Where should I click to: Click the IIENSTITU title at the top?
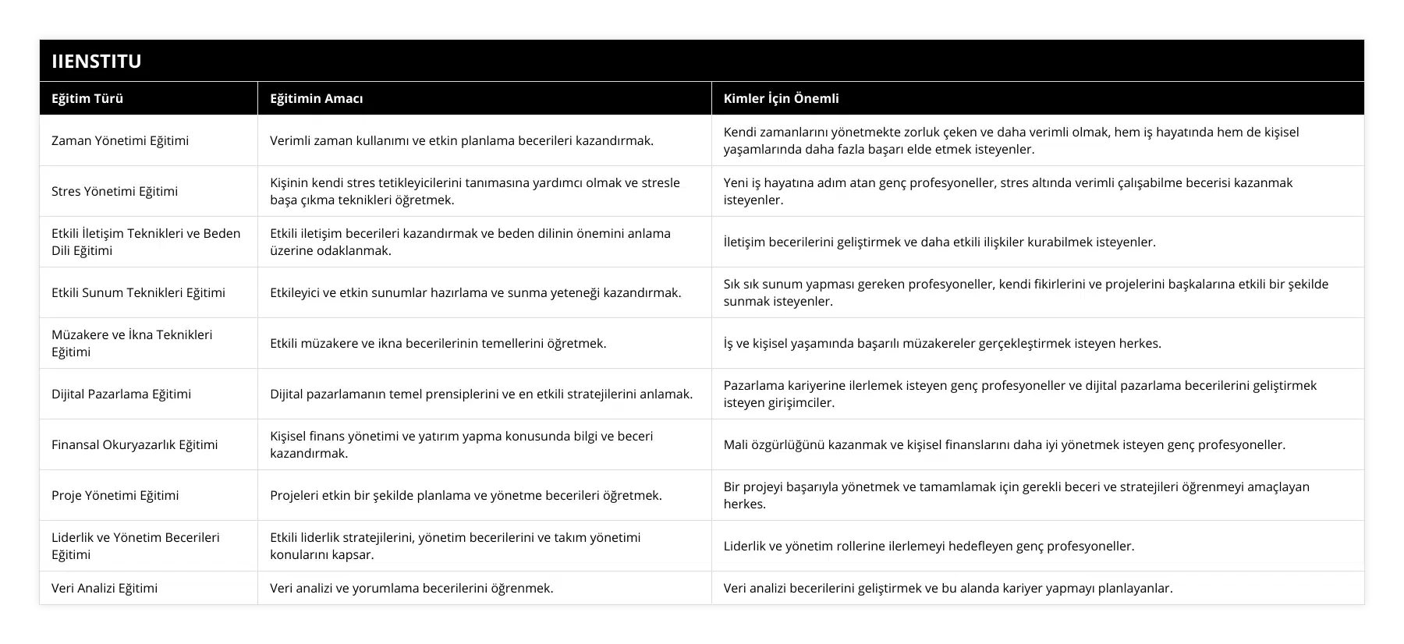click(97, 61)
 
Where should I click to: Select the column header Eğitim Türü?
click(87, 98)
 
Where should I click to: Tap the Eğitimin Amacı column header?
click(316, 98)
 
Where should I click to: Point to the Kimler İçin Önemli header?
click(781, 98)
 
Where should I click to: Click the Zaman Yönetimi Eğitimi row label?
click(120, 140)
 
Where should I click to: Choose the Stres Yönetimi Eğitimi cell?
click(115, 191)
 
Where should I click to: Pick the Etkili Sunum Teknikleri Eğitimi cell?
click(138, 292)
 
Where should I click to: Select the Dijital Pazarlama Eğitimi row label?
click(121, 394)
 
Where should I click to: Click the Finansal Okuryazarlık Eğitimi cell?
click(134, 444)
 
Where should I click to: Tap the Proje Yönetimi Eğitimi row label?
click(115, 495)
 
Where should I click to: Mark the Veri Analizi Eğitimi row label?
click(105, 588)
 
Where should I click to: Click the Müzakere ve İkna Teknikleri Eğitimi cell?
click(132, 343)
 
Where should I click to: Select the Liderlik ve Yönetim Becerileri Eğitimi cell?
click(136, 546)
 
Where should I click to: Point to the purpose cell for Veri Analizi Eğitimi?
click(411, 588)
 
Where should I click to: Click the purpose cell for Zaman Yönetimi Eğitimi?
click(462, 140)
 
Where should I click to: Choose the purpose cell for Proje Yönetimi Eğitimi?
click(466, 495)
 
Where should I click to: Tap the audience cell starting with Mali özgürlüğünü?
click(1004, 444)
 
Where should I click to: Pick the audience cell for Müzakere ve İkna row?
click(942, 343)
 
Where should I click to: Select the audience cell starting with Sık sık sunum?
click(1026, 292)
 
